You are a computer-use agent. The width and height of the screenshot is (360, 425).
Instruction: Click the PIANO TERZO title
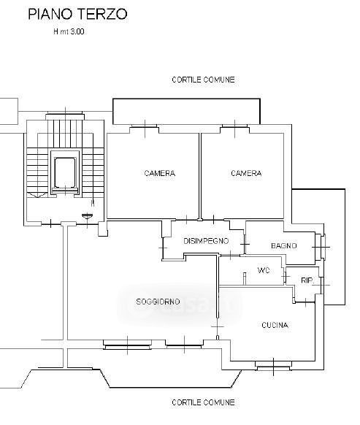78,14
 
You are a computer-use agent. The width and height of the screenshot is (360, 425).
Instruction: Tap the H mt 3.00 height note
69,31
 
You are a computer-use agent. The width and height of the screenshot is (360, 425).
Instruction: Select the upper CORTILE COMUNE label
203,80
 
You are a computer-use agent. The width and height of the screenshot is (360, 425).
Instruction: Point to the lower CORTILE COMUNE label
203,402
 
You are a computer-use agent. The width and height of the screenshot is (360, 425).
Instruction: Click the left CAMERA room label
160,173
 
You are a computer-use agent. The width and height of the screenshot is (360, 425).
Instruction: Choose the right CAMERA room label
246,173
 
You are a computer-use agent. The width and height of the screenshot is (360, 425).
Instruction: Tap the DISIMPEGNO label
206,241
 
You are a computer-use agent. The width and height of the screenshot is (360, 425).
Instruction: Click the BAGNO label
284,246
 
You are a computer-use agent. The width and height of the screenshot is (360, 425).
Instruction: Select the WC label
264,270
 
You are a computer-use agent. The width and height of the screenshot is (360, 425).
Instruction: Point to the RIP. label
307,280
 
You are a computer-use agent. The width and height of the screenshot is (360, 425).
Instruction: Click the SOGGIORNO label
158,302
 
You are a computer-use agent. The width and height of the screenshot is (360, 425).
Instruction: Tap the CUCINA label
275,325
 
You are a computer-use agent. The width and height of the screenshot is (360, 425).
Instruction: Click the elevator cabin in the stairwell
65,172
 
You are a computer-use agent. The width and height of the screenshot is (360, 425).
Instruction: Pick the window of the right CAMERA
234,126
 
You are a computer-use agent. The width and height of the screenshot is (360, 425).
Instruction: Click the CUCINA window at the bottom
274,366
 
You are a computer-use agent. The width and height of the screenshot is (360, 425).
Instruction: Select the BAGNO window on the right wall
321,247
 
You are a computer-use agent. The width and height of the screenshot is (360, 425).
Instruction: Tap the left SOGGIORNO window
127,345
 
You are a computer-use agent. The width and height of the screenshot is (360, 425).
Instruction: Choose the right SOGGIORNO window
184,344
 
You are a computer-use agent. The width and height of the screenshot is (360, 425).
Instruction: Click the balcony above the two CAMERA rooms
186,112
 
